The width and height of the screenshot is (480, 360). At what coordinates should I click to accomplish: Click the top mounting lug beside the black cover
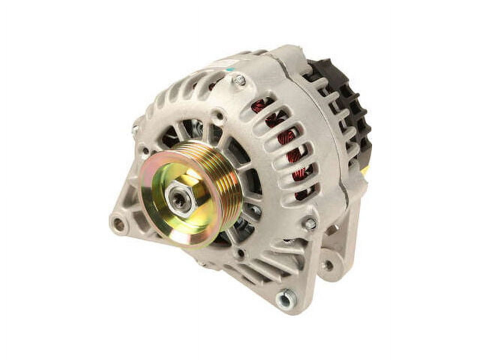(291, 56)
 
